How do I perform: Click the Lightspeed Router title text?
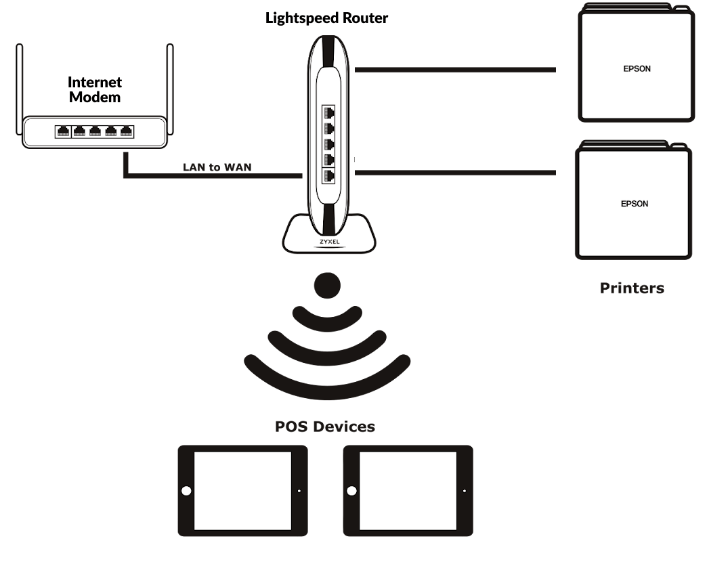pos(327,18)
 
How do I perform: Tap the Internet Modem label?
pos(95,89)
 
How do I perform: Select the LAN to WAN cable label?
pos(217,167)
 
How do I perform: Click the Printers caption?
pos(632,288)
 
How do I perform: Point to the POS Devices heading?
pos(325,427)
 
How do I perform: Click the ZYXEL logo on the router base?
pos(329,241)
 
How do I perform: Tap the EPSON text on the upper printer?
pos(636,69)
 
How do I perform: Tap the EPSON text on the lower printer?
pos(635,204)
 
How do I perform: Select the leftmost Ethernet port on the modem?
pos(63,131)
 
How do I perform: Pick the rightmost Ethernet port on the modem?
pos(126,131)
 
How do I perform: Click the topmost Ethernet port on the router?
pos(330,112)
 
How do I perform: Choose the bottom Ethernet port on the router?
pos(330,176)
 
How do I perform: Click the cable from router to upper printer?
pos(454,69)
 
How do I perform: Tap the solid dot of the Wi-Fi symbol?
pos(328,283)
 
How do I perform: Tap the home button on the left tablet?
pos(186,490)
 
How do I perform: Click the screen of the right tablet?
pos(408,490)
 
